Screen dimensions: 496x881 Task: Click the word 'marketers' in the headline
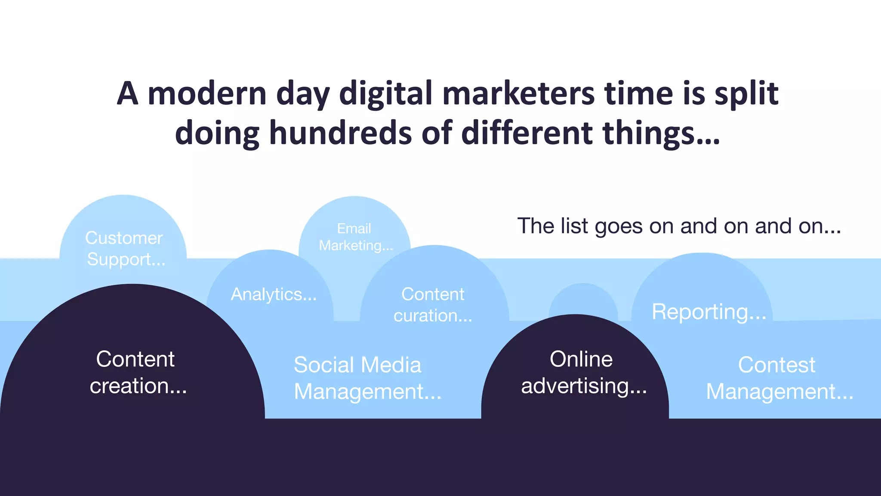pyautogui.click(x=518, y=93)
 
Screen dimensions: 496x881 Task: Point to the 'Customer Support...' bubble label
pyautogui.click(x=124, y=249)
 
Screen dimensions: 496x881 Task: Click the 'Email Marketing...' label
pyautogui.click(x=355, y=237)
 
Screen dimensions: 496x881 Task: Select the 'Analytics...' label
pyautogui.click(x=274, y=294)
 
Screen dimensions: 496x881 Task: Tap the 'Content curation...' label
pyautogui.click(x=433, y=305)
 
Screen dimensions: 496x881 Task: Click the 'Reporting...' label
pyautogui.click(x=709, y=312)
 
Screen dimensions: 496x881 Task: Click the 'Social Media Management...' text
pyautogui.click(x=367, y=378)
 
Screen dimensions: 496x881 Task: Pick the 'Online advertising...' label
pyautogui.click(x=583, y=372)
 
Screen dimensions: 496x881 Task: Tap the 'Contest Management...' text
pyautogui.click(x=779, y=378)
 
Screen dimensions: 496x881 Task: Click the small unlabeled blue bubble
pyautogui.click(x=583, y=299)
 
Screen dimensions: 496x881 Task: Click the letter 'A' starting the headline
pyautogui.click(x=128, y=93)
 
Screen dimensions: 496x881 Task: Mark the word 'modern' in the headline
pyautogui.click(x=207, y=93)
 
